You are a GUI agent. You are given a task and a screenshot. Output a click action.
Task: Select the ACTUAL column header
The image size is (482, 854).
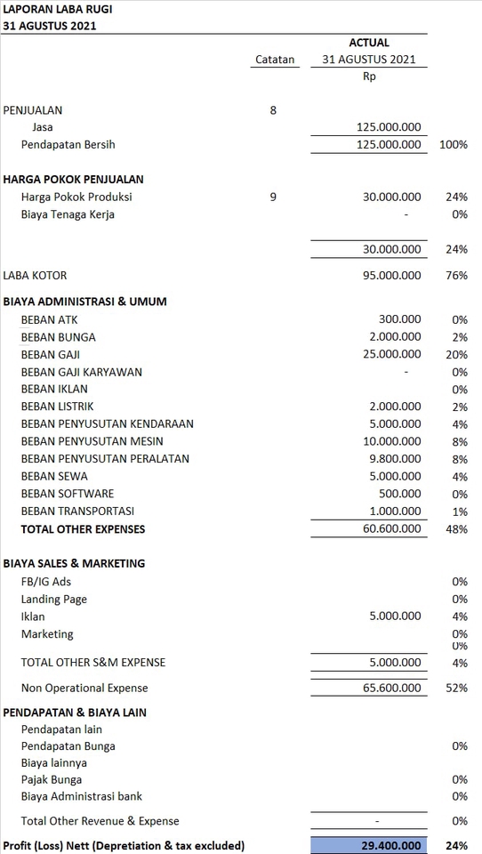click(x=369, y=43)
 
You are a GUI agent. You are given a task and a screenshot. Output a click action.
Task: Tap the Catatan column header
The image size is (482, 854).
click(x=274, y=60)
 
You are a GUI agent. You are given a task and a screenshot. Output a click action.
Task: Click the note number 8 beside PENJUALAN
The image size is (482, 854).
click(x=273, y=110)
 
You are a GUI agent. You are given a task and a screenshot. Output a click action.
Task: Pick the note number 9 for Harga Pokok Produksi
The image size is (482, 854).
click(x=273, y=197)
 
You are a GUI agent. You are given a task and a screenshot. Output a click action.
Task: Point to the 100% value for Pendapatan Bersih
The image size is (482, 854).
click(x=454, y=144)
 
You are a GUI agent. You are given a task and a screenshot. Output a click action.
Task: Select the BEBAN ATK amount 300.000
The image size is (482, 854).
click(x=400, y=319)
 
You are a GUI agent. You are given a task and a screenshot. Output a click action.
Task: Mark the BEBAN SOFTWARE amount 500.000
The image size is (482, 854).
click(x=400, y=494)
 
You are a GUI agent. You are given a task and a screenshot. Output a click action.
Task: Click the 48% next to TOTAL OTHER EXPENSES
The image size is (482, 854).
click(x=457, y=529)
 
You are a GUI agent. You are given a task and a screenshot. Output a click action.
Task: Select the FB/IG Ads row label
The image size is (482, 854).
click(x=46, y=582)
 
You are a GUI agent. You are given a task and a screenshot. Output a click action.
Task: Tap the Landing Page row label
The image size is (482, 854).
click(x=54, y=600)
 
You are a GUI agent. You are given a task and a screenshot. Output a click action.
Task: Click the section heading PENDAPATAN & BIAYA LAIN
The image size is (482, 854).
click(x=76, y=713)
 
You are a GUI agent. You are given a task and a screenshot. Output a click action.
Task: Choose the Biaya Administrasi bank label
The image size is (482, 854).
click(x=82, y=796)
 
